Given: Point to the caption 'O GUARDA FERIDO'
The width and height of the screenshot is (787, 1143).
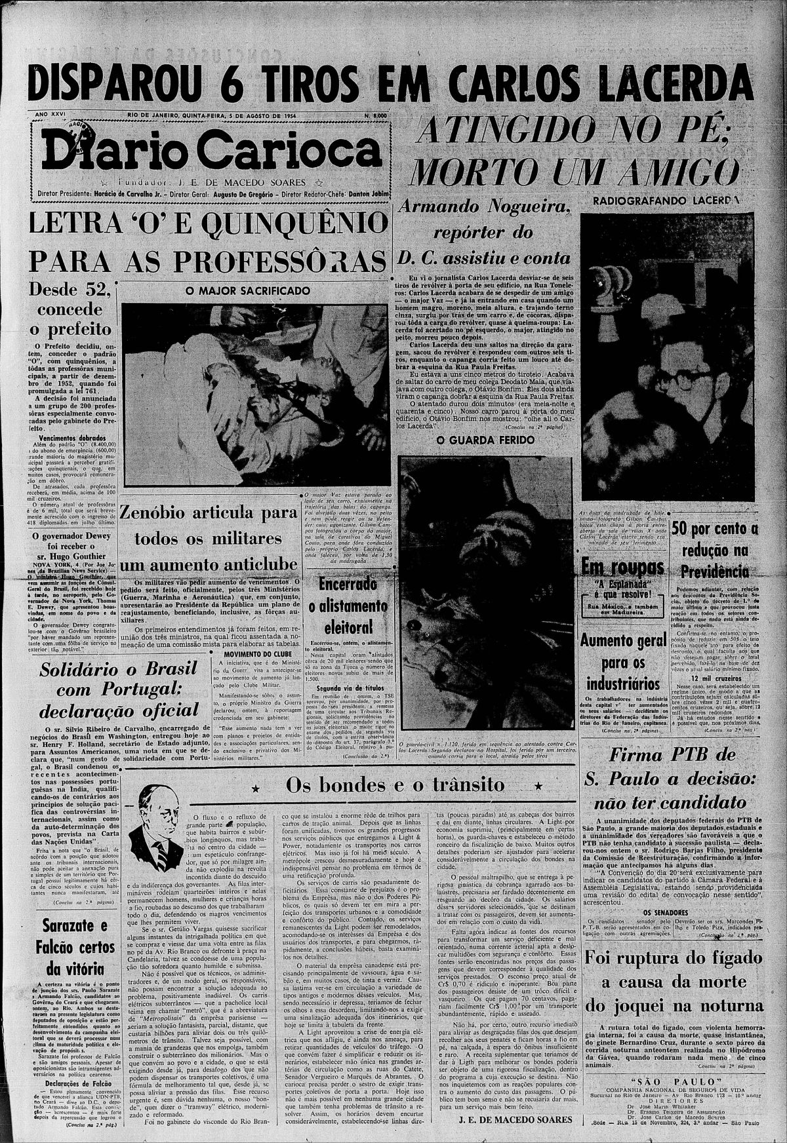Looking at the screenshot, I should pos(485,439).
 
